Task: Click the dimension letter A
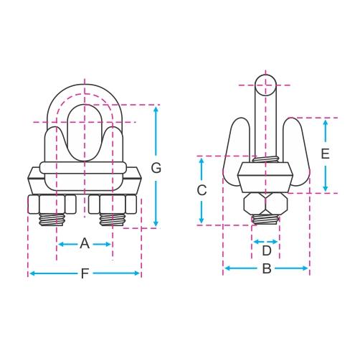(x=85, y=244)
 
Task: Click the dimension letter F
(x=85, y=273)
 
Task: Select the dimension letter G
(x=156, y=168)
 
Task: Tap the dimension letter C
(x=202, y=190)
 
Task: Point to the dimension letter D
(x=267, y=250)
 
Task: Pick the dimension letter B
(x=267, y=268)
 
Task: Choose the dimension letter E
(x=325, y=154)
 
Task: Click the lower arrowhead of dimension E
(x=325, y=189)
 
